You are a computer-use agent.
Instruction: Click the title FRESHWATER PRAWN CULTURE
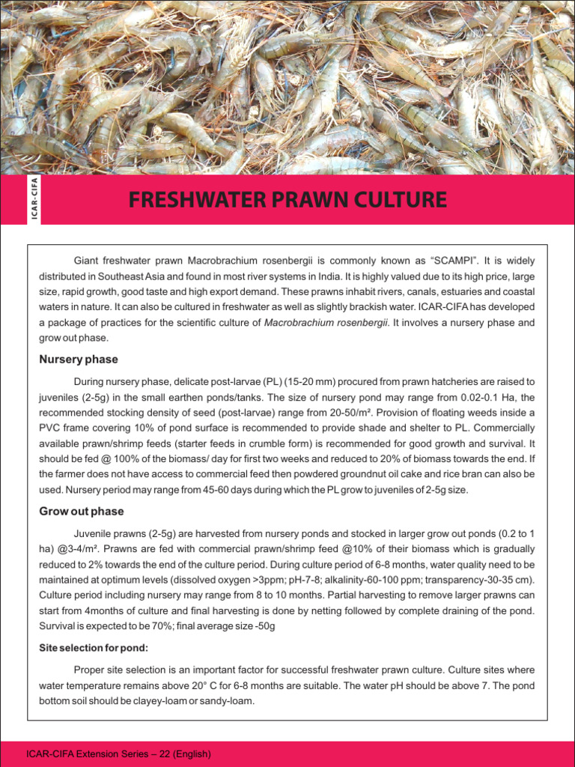[x=287, y=200]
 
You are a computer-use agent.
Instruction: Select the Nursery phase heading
[x=78, y=360]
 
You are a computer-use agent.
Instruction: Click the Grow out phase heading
[x=81, y=512]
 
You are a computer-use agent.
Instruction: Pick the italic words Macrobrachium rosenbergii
[x=326, y=322]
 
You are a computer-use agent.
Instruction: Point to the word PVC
[x=51, y=428]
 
